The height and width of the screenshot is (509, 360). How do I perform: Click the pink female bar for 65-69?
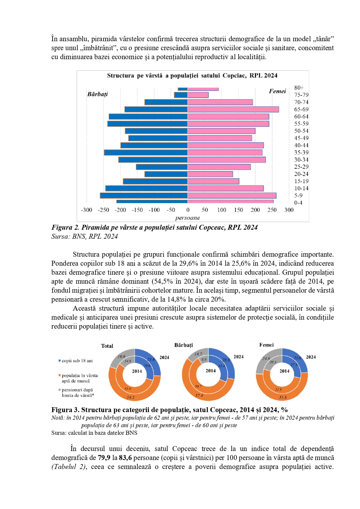[233, 109]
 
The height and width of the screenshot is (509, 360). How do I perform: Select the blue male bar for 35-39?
[146, 153]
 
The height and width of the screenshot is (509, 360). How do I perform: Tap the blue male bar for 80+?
[183, 89]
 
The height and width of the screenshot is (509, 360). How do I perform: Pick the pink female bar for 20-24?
[210, 174]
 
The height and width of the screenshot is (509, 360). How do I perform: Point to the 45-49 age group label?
[301, 138]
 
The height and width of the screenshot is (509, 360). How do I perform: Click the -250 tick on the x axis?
[103, 210]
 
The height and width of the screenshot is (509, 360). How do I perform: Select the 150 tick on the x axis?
[238, 210]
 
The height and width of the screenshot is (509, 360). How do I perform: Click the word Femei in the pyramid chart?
[277, 91]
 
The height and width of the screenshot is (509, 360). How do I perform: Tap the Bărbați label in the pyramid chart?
[97, 94]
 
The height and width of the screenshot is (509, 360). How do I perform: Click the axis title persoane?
[187, 218]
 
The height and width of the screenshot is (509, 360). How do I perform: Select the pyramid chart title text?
[192, 76]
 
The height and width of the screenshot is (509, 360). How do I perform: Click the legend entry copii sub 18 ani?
[77, 361]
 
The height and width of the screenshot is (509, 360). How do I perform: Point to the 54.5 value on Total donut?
[130, 397]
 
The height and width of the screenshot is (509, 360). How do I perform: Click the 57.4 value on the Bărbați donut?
[199, 396]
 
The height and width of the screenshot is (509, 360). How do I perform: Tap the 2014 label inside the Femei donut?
[284, 371]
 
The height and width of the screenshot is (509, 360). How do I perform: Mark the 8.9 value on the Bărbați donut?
[204, 360]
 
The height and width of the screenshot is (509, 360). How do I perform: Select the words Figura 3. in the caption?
[65, 410]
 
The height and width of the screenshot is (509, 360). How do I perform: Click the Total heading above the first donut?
[107, 346]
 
